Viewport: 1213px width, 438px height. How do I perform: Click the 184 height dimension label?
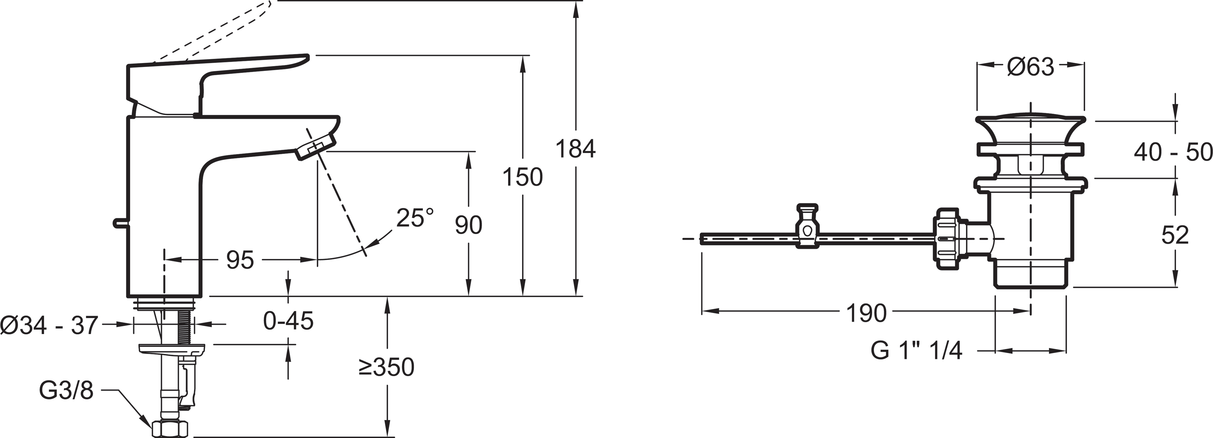click(x=576, y=149)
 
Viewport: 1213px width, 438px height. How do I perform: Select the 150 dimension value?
click(x=522, y=177)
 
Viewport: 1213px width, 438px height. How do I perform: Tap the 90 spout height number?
click(x=469, y=225)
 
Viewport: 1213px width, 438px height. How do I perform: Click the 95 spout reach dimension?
click(x=240, y=260)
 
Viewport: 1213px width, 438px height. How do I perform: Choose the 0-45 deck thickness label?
click(x=288, y=321)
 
